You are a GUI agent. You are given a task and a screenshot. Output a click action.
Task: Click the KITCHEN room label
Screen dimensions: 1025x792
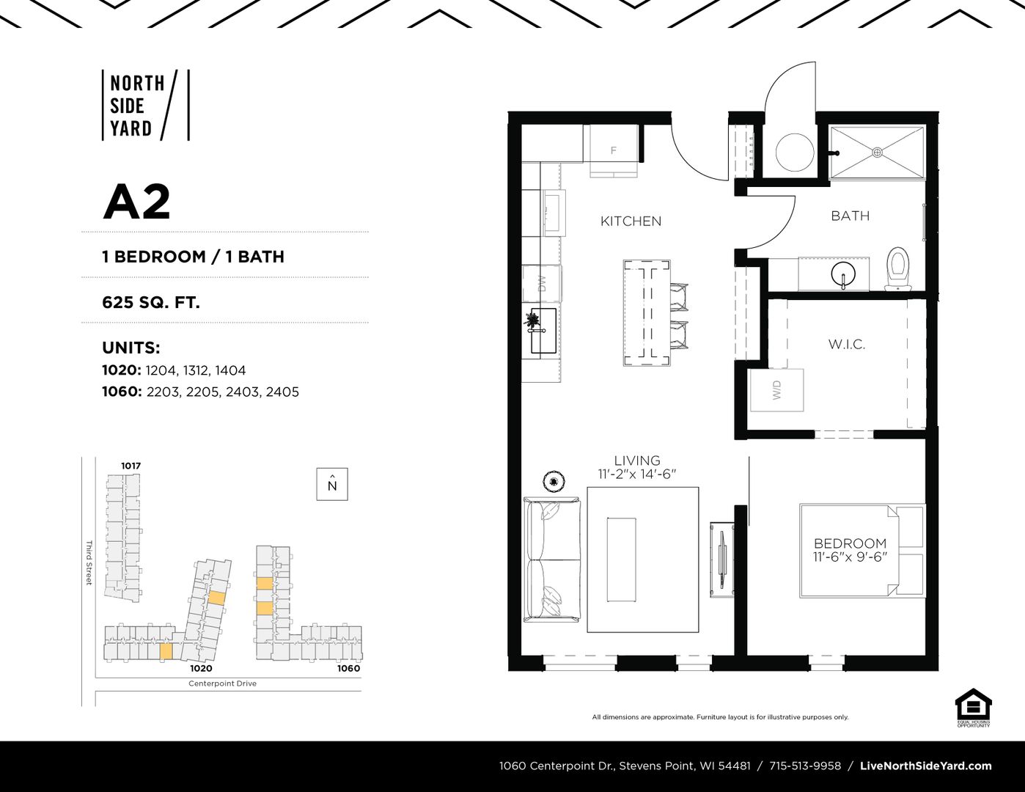[x=631, y=221]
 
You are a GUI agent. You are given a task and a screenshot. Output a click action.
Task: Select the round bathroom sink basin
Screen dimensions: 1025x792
[x=843, y=274]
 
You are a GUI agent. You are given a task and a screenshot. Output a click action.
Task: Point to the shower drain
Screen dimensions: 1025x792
[x=877, y=152]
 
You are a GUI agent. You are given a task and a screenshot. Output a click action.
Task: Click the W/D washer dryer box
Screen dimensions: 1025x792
[x=777, y=389]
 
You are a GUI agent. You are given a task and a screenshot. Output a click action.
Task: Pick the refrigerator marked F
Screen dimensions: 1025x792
[x=613, y=151]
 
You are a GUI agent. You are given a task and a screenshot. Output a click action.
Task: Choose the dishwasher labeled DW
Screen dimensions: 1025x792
[x=542, y=283]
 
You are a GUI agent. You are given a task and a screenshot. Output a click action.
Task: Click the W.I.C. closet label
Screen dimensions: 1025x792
[x=847, y=345]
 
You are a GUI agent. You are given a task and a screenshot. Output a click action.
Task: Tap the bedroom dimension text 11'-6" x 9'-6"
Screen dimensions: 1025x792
[x=850, y=557]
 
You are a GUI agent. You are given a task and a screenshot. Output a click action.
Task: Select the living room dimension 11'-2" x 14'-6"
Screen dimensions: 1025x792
[x=637, y=474]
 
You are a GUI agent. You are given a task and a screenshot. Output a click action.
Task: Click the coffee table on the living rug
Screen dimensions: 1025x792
[x=621, y=560]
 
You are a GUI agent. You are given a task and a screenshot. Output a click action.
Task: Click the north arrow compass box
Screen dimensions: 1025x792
[x=332, y=484]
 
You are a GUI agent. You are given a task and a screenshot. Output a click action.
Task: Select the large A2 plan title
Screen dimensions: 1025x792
[x=136, y=202]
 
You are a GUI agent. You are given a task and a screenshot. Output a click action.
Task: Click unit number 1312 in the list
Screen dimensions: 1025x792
[x=196, y=371]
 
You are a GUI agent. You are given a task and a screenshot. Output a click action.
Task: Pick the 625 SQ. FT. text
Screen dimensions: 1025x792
[x=151, y=302]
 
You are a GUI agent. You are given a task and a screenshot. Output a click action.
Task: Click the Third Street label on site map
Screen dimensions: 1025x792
[x=88, y=562]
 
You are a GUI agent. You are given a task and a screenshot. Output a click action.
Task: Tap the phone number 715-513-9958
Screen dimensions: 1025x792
[x=805, y=766]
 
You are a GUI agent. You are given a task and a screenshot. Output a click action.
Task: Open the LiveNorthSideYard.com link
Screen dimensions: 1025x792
[x=926, y=766]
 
